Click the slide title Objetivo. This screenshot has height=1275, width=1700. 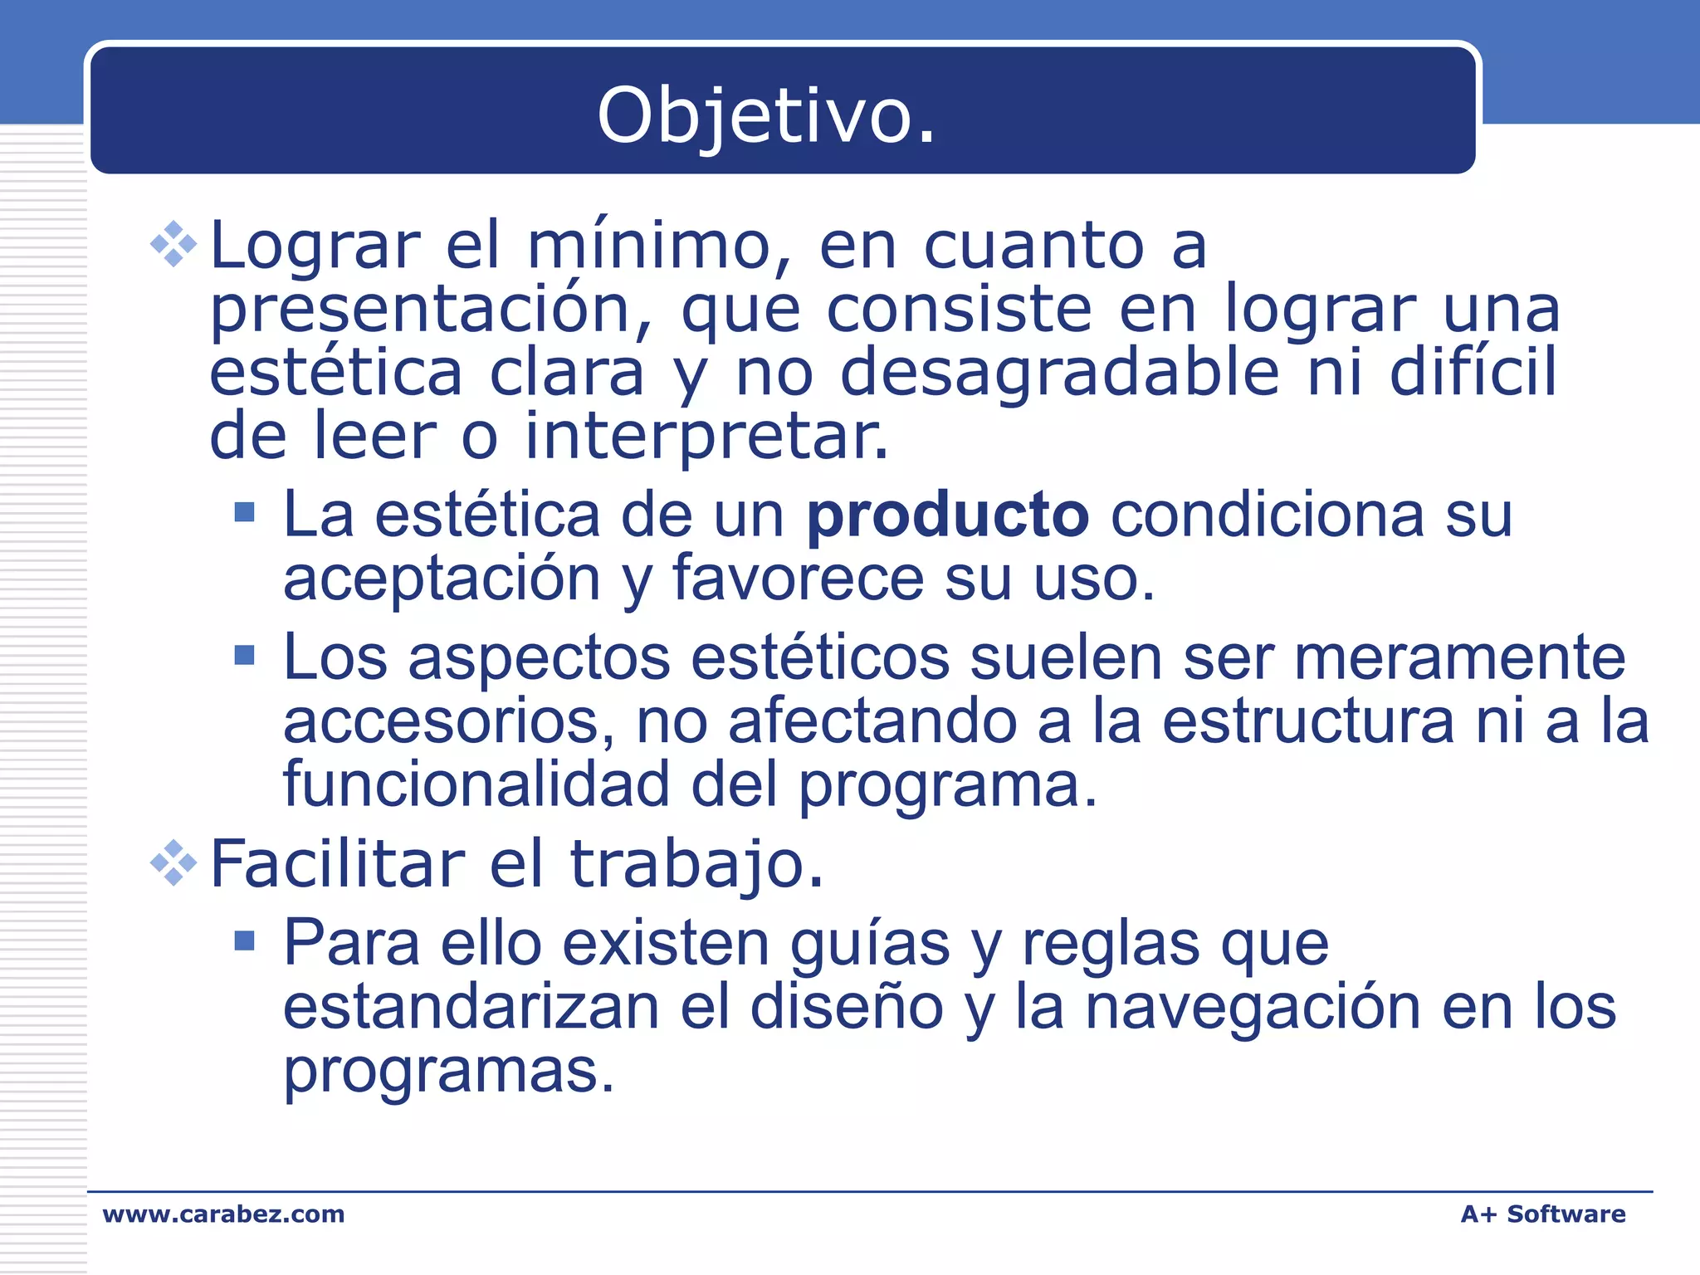(766, 116)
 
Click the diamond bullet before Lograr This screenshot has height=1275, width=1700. (173, 244)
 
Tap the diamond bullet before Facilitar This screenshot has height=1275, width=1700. (173, 863)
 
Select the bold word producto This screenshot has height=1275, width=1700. (948, 516)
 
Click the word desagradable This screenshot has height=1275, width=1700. (1060, 373)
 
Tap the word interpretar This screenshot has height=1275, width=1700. (706, 437)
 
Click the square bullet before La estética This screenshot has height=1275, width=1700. (244, 512)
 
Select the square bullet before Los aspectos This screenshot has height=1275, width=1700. (244, 656)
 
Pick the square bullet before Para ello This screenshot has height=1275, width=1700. (244, 940)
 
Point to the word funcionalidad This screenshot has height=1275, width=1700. (476, 784)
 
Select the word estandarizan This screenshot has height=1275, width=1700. (471, 1008)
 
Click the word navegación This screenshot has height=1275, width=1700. (1253, 1008)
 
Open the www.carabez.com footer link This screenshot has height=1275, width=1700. (223, 1214)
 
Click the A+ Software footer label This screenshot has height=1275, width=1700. (1542, 1214)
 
